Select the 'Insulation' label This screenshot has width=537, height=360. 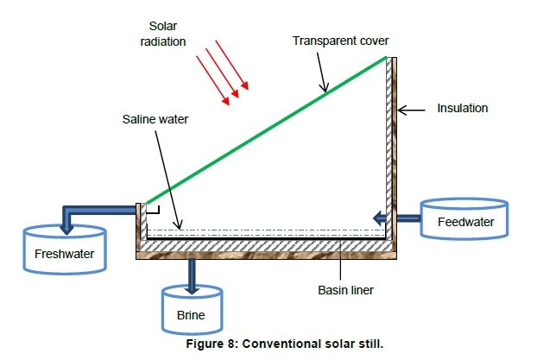click(x=463, y=109)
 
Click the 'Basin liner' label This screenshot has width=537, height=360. click(x=346, y=289)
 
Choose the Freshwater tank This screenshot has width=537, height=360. click(x=66, y=250)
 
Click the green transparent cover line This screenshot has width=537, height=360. click(x=259, y=129)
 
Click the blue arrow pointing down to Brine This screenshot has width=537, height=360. click(x=191, y=275)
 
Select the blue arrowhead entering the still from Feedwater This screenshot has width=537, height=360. click(x=380, y=218)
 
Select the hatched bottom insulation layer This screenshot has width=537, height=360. click(x=268, y=246)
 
